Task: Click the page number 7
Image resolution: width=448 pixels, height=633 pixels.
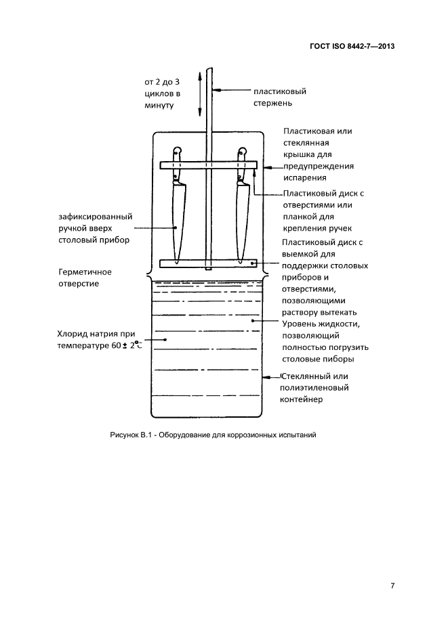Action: (392, 586)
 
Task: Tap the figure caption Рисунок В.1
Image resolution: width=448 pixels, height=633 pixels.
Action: (213, 435)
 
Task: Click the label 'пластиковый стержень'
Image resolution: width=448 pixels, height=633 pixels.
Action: (279, 97)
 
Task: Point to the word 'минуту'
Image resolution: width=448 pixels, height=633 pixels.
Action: (159, 105)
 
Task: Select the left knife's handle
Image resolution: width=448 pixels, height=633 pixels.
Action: (177, 166)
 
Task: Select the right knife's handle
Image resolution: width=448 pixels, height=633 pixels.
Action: (241, 166)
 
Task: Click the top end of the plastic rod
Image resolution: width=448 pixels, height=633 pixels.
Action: (210, 70)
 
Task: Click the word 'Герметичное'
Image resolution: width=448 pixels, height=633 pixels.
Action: (85, 271)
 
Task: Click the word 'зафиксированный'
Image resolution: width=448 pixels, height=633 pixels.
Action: (95, 216)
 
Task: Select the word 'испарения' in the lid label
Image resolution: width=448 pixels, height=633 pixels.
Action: (306, 178)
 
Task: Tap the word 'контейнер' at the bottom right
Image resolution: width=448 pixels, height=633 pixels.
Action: (306, 399)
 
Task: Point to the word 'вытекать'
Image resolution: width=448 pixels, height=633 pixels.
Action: (338, 311)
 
